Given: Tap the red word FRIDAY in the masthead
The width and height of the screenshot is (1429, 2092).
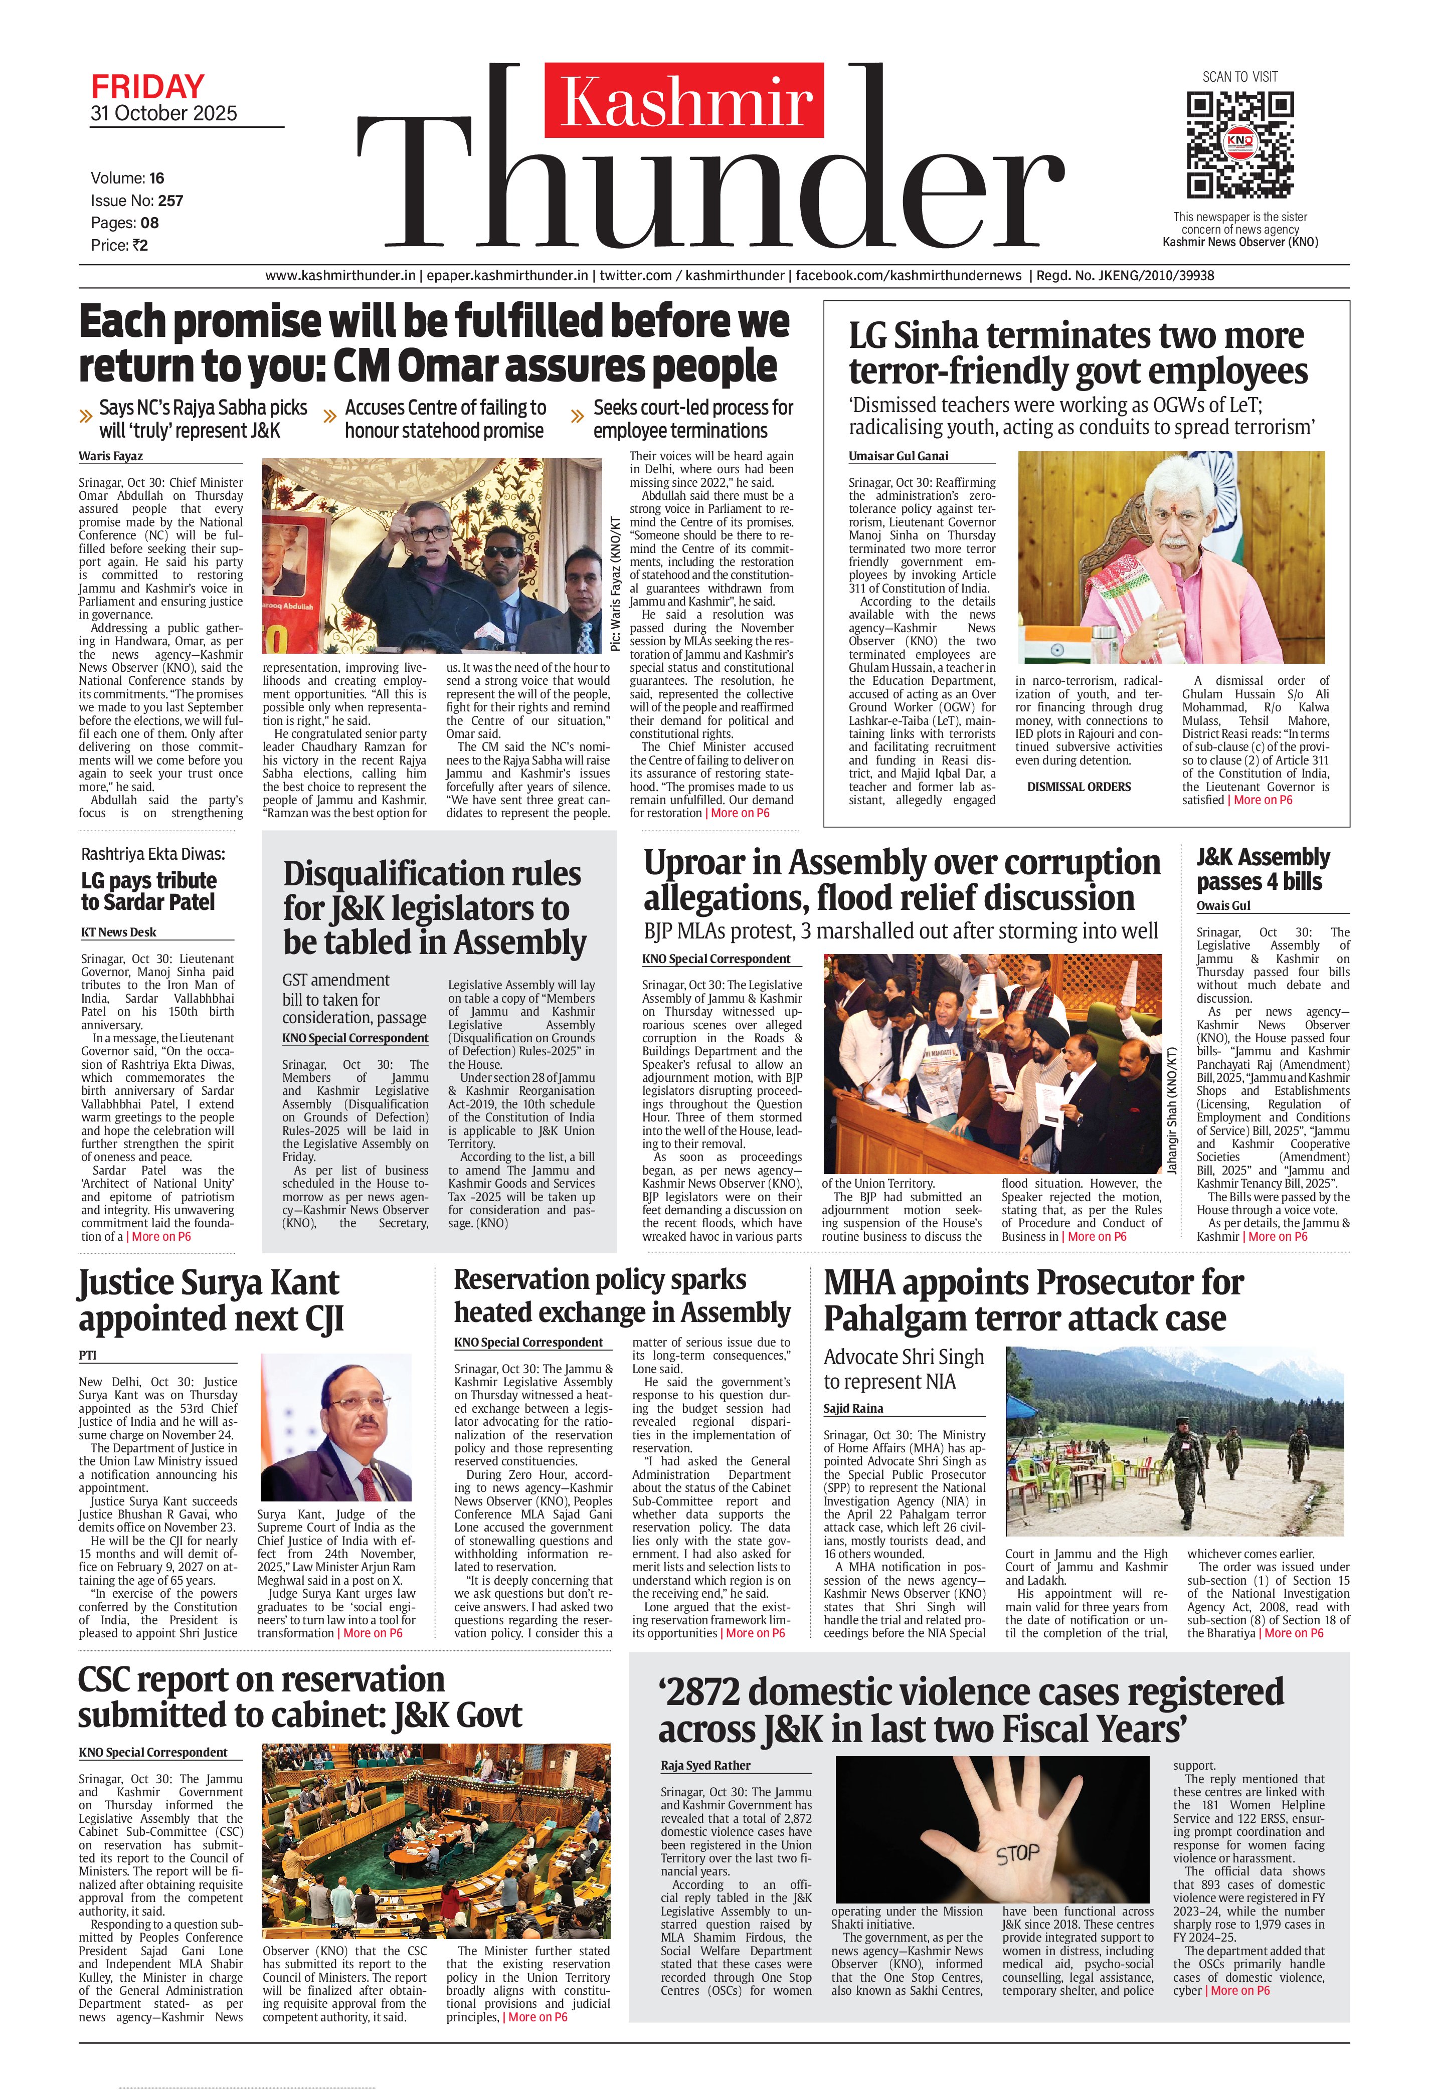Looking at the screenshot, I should pyautogui.click(x=148, y=87).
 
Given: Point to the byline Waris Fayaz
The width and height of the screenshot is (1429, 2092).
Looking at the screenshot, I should pyautogui.click(x=111, y=456).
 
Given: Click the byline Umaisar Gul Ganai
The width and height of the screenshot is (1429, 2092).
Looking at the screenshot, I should pyautogui.click(x=898, y=456).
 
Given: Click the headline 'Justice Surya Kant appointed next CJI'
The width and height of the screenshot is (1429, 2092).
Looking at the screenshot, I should pyautogui.click(x=209, y=1300).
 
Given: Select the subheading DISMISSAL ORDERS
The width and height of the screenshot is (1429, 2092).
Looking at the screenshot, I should pyautogui.click(x=1079, y=787).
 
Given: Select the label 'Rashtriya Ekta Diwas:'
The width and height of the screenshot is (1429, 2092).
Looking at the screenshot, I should pyautogui.click(x=153, y=854).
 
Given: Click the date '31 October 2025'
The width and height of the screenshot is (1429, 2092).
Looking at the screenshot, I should pyautogui.click(x=164, y=113).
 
